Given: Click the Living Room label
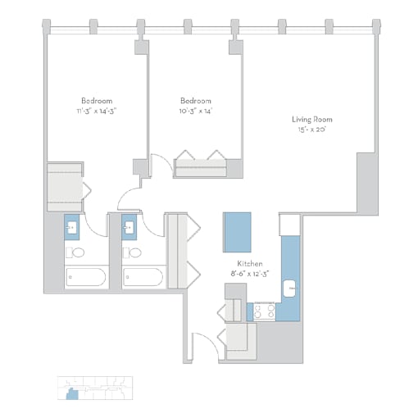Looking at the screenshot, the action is click(312, 120).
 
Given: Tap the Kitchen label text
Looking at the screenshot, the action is click(250, 264).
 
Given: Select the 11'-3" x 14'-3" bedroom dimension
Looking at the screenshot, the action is click(97, 111).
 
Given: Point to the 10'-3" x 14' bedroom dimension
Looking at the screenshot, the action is click(196, 111).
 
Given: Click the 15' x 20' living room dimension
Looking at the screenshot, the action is click(312, 129).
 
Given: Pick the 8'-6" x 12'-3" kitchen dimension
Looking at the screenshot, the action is click(250, 274).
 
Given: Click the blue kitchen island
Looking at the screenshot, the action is click(237, 232).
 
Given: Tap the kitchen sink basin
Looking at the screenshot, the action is click(289, 289).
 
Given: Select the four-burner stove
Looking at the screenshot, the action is click(264, 311).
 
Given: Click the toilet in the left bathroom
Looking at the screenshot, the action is click(75, 252).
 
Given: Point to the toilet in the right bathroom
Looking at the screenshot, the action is click(132, 252).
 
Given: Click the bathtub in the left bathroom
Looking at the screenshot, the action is click(86, 277).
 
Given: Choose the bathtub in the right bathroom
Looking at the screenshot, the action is click(143, 277).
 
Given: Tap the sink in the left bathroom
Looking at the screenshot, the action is click(72, 227).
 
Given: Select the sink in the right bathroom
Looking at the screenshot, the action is click(129, 227).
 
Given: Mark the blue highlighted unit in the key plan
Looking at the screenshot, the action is click(72, 394).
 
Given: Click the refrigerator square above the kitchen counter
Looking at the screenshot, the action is click(289, 225).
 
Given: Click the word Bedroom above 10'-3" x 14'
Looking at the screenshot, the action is click(196, 101).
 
